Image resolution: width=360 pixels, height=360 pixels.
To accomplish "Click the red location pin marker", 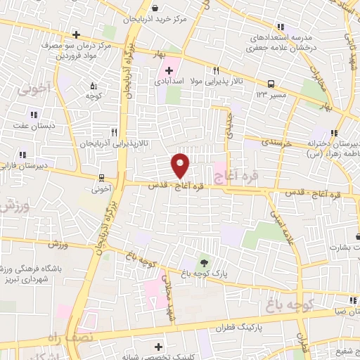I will pyautogui.click(x=180, y=165).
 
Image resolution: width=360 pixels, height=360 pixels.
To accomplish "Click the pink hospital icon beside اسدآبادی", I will pyautogui.click(x=169, y=70).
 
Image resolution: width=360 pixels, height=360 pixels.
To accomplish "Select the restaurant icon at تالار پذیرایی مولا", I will pyautogui.click(x=216, y=70).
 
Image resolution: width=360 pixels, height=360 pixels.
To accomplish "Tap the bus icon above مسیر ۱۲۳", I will pyautogui.click(x=271, y=83).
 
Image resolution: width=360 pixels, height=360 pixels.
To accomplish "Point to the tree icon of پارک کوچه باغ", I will pyautogui.click(x=204, y=262).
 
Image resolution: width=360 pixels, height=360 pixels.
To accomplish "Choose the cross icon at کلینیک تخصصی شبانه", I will pyautogui.click(x=157, y=346).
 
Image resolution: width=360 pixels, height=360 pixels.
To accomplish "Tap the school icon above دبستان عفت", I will pyautogui.click(x=32, y=115).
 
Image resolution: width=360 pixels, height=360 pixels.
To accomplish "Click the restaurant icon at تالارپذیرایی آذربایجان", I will pyautogui.click(x=113, y=131).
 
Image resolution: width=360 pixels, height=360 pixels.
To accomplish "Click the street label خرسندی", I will pyautogui.click(x=261, y=141).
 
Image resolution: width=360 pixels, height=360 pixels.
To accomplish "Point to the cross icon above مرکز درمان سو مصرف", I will pyautogui.click(x=76, y=34).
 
